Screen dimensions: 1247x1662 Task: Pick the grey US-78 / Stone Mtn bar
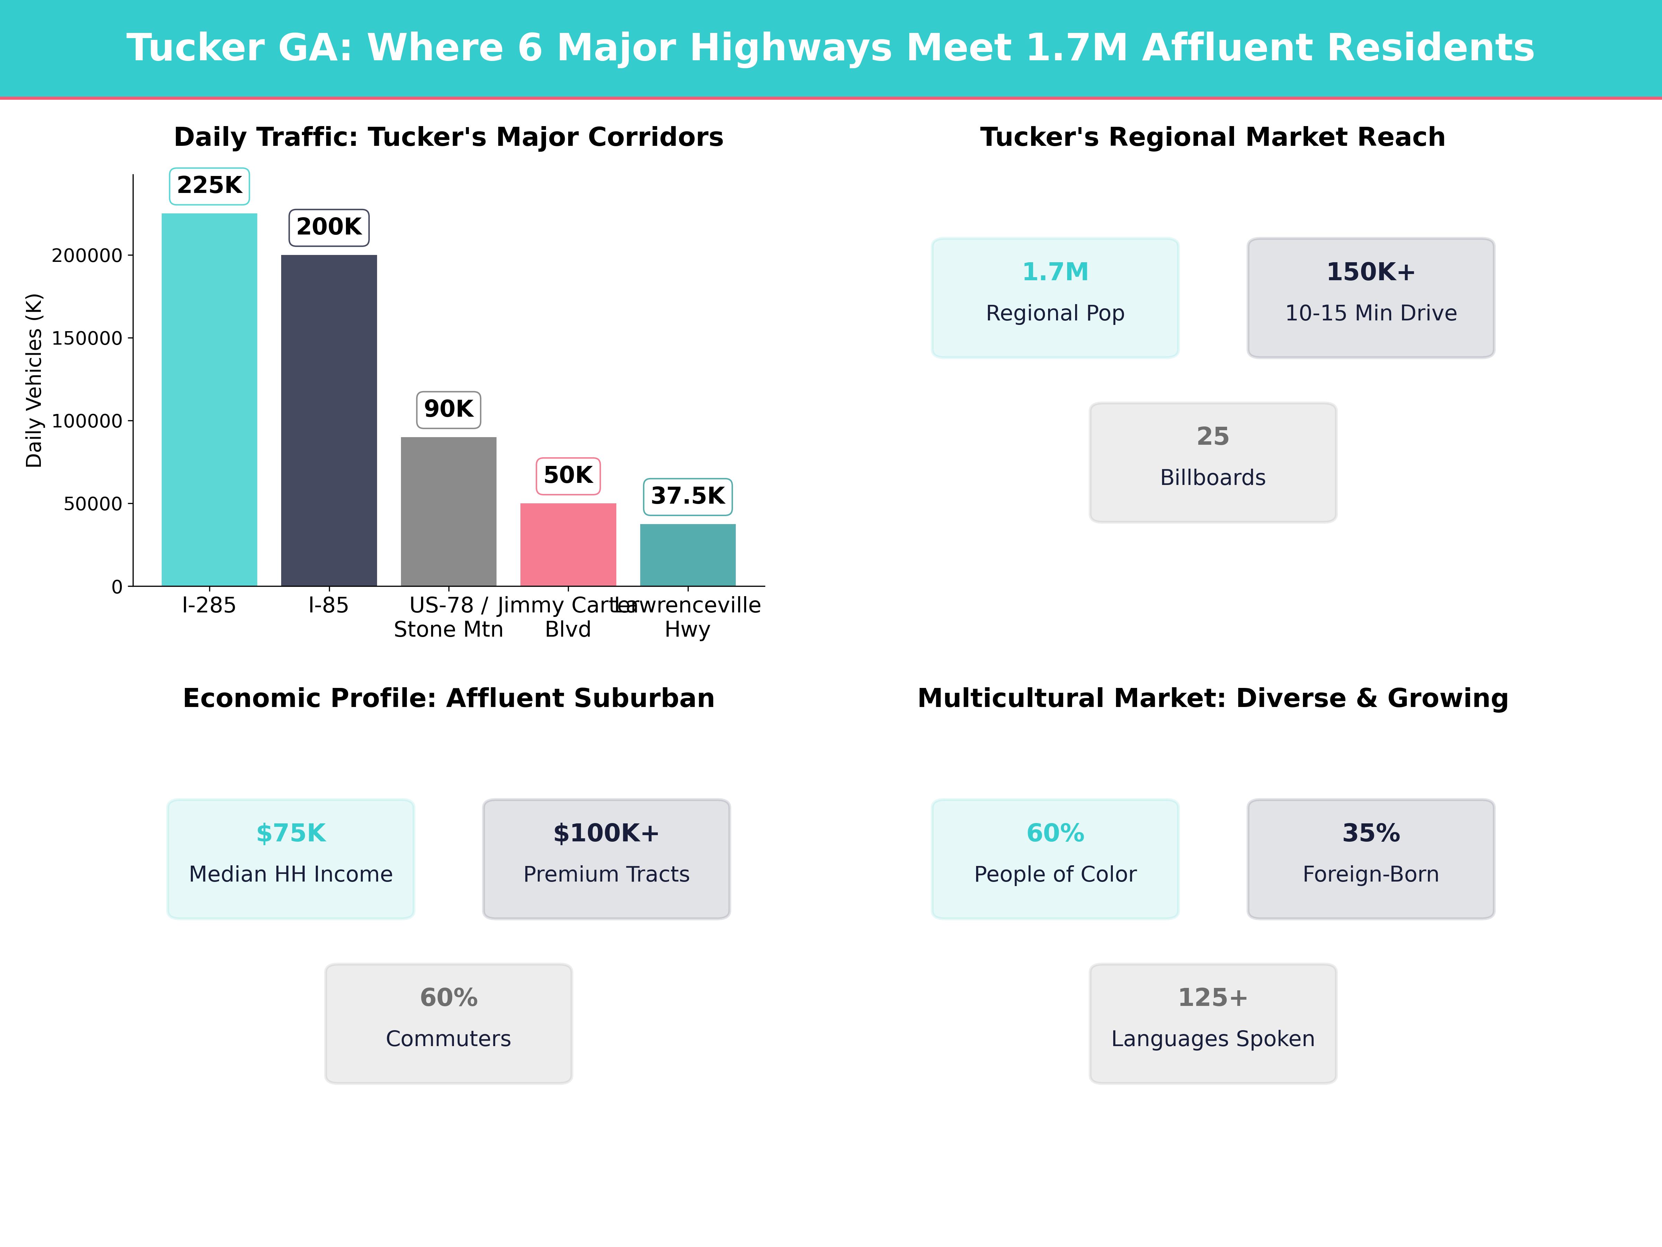pos(448,511)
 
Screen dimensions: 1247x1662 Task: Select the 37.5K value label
pos(688,496)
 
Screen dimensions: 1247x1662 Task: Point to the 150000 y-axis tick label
pos(87,338)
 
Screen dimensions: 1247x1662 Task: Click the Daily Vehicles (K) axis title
pos(34,380)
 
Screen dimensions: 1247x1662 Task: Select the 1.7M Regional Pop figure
pos(1055,272)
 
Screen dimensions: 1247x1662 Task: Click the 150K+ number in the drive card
pos(1370,272)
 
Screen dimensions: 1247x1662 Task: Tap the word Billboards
pos(1213,478)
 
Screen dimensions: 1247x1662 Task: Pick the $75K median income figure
pos(291,834)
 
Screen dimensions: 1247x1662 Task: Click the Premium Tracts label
pos(606,874)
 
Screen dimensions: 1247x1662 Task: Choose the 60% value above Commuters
pos(448,998)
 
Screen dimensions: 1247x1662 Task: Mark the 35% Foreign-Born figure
pos(1370,834)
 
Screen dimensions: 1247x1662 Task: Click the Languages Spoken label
pos(1213,1039)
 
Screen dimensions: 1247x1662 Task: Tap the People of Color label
pos(1055,874)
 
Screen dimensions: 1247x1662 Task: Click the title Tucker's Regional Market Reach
pos(1213,138)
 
